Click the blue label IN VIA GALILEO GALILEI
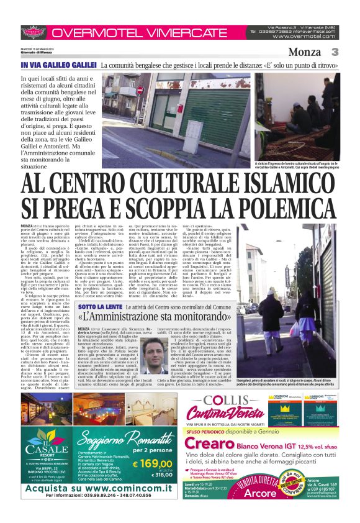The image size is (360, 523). pos(58,65)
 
